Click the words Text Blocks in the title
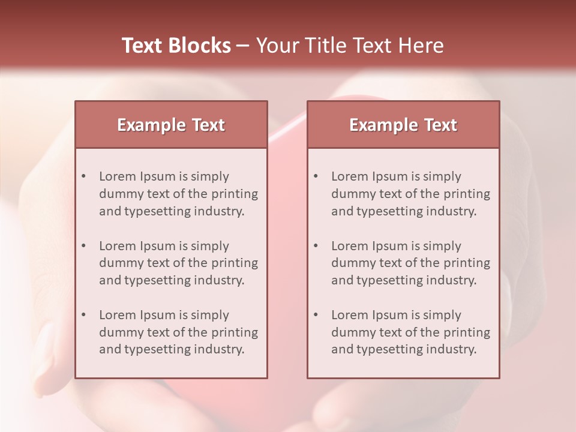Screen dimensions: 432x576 point(176,46)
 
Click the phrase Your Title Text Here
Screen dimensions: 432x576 point(350,46)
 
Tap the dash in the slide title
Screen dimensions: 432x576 point(243,46)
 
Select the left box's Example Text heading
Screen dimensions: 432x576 point(171,125)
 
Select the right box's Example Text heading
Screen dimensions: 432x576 point(403,125)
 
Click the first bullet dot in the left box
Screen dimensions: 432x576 point(84,176)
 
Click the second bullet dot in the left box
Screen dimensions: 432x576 point(84,246)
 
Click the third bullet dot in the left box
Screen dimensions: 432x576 point(84,315)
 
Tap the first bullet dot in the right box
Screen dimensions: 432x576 point(316,176)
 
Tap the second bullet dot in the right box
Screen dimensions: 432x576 point(316,246)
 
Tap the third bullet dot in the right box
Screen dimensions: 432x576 point(316,315)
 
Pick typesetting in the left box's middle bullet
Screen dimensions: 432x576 point(159,280)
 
